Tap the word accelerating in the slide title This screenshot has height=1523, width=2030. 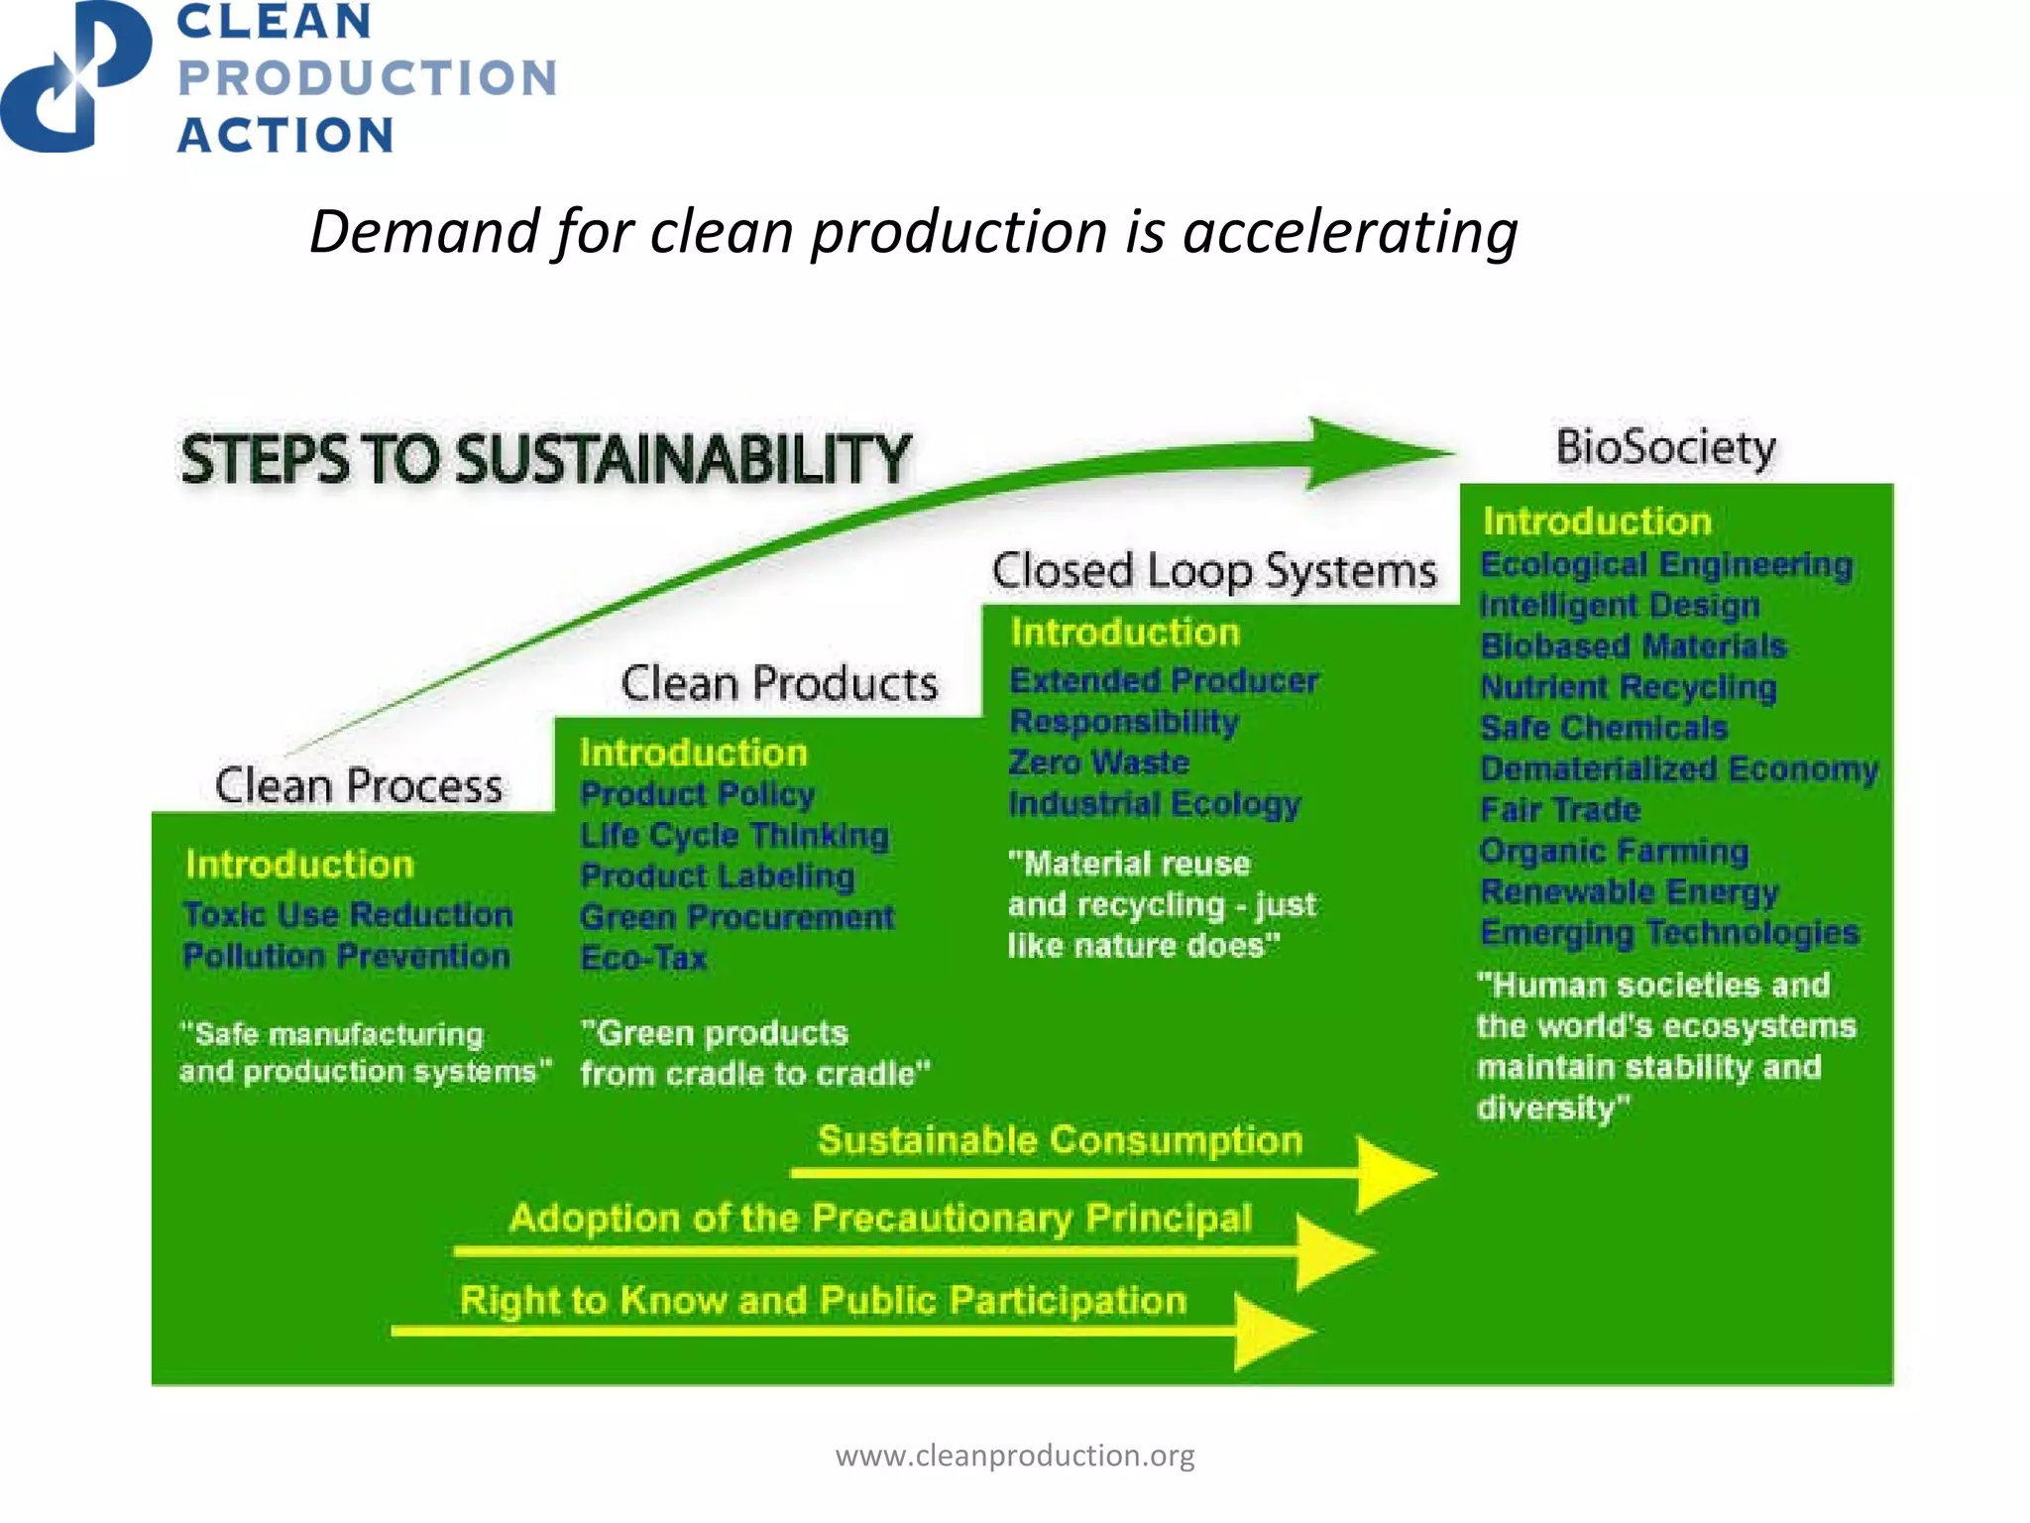(x=1349, y=232)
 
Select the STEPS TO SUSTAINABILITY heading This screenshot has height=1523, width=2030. (x=544, y=460)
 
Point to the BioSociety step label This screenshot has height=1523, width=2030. (x=1665, y=447)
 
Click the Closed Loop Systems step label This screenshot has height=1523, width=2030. (x=1213, y=572)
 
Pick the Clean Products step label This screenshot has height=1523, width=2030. (x=779, y=684)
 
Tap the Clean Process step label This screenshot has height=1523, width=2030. (x=359, y=786)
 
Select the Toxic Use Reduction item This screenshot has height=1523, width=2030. (x=348, y=914)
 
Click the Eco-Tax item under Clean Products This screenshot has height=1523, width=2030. (x=643, y=958)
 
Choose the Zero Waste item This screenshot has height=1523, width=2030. (x=1098, y=762)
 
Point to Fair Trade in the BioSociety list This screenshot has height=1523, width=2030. (x=1559, y=810)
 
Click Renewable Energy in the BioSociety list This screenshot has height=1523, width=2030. (x=1629, y=891)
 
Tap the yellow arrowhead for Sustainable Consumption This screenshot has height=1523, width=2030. (x=1393, y=1174)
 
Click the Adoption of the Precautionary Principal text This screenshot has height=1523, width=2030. (x=880, y=1218)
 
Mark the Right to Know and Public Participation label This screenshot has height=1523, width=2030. (x=823, y=1300)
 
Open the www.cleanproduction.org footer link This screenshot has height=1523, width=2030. (x=1015, y=1456)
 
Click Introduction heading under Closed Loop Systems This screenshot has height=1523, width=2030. (x=1125, y=633)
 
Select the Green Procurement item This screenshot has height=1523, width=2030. (x=736, y=917)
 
